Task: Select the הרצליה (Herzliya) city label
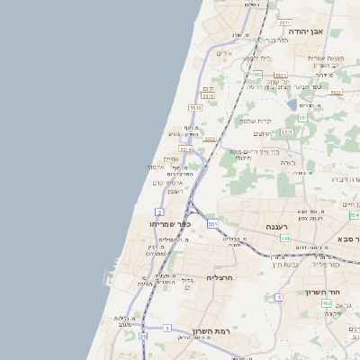tap(220, 277)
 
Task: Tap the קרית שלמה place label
tap(256, 121)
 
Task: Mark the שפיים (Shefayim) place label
tap(171, 158)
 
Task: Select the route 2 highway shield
tap(159, 211)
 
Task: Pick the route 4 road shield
tap(279, 296)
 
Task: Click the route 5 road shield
tap(166, 328)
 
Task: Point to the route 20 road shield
tap(142, 336)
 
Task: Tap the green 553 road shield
tap(256, 75)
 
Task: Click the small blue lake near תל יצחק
tap(292, 105)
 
